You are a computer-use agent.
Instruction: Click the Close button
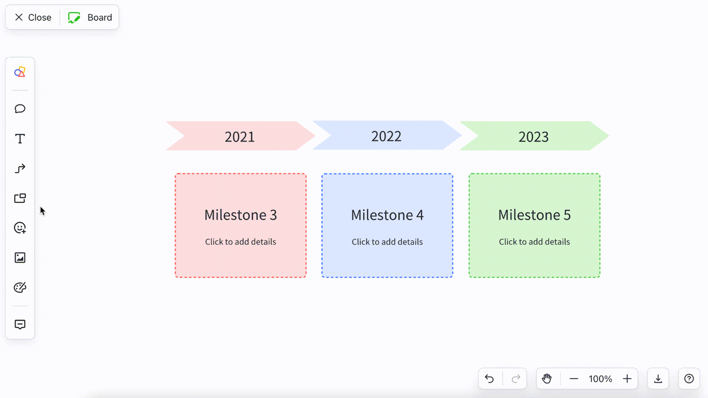pyautogui.click(x=33, y=17)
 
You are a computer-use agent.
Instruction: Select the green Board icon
pyautogui.click(x=74, y=17)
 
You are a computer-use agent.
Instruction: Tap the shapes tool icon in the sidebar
pyautogui.click(x=20, y=72)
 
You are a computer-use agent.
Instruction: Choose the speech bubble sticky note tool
pyautogui.click(x=20, y=109)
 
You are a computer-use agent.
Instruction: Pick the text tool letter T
pyautogui.click(x=20, y=139)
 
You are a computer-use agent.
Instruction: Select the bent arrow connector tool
pyautogui.click(x=20, y=169)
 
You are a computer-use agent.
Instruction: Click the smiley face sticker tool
pyautogui.click(x=20, y=228)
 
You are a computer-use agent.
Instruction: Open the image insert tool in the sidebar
pyautogui.click(x=20, y=258)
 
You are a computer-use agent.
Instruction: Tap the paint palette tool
pyautogui.click(x=20, y=287)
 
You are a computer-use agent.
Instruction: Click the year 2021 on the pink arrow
pyautogui.click(x=240, y=137)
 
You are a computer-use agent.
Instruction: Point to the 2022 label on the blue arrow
pyautogui.click(x=386, y=137)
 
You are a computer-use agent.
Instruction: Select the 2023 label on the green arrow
pyautogui.click(x=534, y=137)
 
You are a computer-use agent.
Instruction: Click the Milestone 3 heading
pyautogui.click(x=241, y=215)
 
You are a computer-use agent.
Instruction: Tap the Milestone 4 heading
pyautogui.click(x=387, y=215)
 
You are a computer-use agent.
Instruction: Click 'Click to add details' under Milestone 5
pyautogui.click(x=534, y=242)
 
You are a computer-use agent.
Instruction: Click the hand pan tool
pyautogui.click(x=547, y=379)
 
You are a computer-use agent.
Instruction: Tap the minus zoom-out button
pyautogui.click(x=574, y=379)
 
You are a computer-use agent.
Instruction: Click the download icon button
pyautogui.click(x=658, y=379)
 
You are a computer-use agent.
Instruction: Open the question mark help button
pyautogui.click(x=689, y=379)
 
